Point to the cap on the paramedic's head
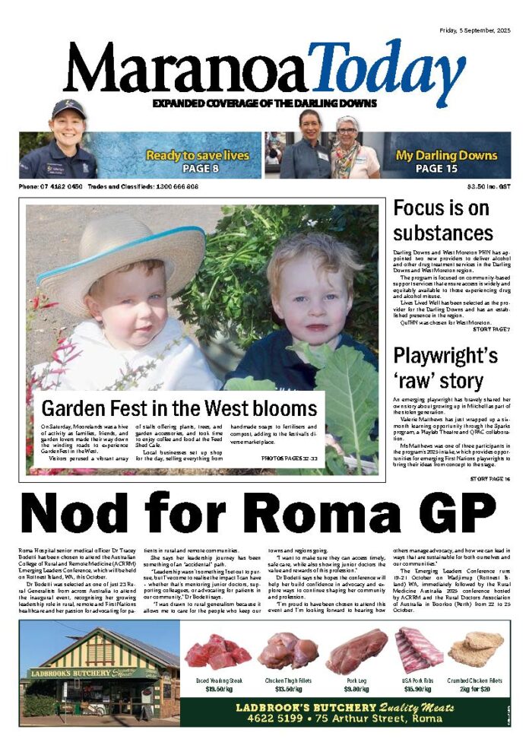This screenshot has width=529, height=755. [x=68, y=108]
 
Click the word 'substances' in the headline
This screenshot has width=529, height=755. [x=443, y=233]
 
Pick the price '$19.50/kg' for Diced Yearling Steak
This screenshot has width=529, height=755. [x=218, y=689]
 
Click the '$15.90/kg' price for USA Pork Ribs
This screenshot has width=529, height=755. [x=419, y=689]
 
